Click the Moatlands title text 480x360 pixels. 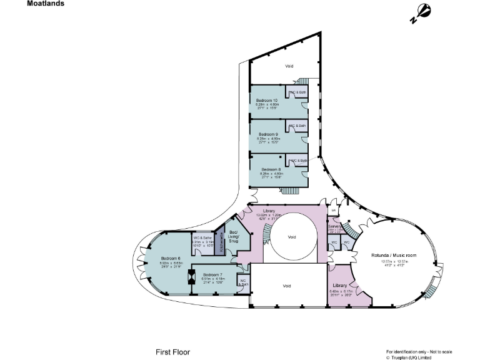coord(45,3)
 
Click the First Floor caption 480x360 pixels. coord(172,352)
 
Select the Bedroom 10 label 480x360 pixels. coord(267,100)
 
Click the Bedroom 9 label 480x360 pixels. coord(268,134)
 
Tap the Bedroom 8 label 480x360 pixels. coord(271,169)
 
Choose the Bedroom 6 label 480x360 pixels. coord(171,258)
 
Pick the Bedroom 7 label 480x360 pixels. coord(212,274)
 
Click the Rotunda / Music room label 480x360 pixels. coord(394,256)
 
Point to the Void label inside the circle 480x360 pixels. coord(291,237)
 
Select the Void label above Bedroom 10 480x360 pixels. coord(289,66)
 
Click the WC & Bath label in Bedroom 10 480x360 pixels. coord(297,92)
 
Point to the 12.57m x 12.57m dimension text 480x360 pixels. coord(393,261)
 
